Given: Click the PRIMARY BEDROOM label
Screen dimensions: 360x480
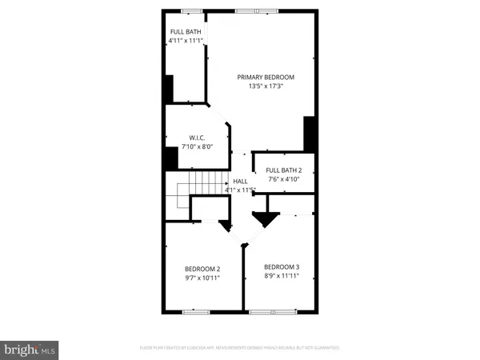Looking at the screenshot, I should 266,77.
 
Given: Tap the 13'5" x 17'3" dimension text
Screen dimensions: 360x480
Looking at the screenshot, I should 266,86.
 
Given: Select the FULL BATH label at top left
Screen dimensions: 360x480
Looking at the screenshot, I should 186,33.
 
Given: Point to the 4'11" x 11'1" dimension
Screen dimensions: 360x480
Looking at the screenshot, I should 186,41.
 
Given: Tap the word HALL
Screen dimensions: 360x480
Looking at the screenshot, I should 240,182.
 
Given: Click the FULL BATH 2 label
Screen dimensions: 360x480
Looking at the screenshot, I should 284,170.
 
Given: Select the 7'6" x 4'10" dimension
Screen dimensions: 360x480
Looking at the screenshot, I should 284,179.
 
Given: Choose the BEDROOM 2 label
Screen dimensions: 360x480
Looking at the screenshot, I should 202,269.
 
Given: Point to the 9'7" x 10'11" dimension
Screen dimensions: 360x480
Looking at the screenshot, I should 202,278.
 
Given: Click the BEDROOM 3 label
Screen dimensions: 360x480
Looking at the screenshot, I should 282,266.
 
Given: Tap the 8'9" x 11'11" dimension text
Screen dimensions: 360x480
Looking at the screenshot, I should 282,275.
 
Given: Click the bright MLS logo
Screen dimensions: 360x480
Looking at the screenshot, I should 30,349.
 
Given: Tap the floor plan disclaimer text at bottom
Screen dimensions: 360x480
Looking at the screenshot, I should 240,347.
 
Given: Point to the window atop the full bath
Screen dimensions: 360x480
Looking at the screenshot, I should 191,10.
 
